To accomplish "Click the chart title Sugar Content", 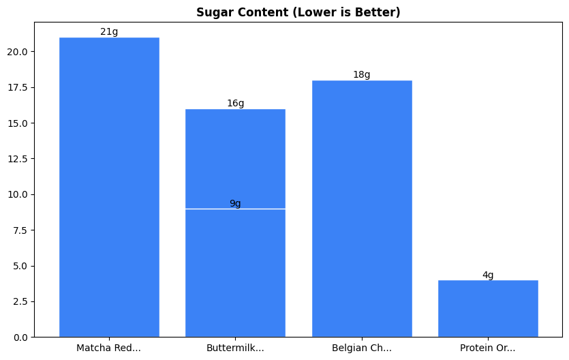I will click(298, 12).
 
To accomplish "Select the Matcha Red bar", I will click(109, 187).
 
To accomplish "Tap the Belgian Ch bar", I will click(362, 208).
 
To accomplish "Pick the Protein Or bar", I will click(488, 308).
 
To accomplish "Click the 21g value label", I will click(109, 31).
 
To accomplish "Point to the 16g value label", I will click(235, 103).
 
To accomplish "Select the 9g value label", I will click(235, 203).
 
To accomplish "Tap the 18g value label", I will click(362, 74).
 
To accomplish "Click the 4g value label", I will click(488, 275).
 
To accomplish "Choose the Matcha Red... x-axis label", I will click(109, 348).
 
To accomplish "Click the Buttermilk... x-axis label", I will click(235, 348).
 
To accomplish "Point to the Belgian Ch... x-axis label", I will click(362, 348).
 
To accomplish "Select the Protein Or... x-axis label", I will click(488, 348).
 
